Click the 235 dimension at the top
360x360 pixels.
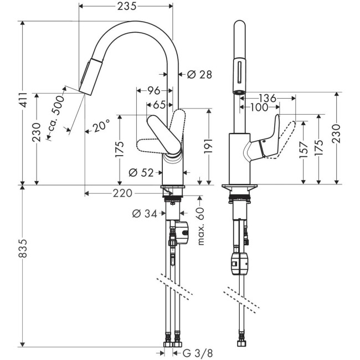click(126, 6)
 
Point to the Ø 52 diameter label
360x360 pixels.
click(141, 173)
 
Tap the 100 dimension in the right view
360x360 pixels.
click(258, 107)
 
